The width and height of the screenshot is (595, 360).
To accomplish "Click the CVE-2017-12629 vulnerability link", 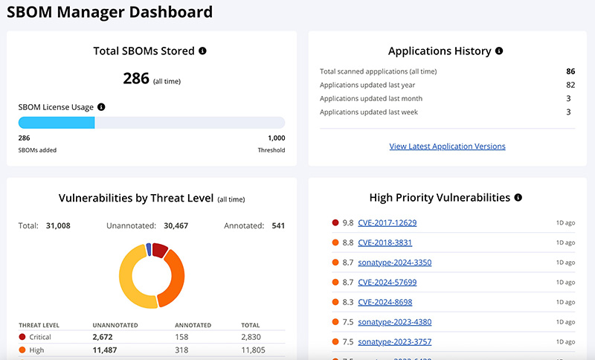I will click(387, 222).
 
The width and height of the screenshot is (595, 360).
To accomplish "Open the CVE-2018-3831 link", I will click(385, 242).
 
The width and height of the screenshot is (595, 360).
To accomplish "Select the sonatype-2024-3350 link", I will click(394, 263).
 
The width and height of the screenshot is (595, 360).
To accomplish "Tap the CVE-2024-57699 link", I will click(387, 283).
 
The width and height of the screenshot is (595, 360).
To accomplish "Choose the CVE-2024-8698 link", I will click(385, 302).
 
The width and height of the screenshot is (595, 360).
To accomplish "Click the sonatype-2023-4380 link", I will click(394, 322).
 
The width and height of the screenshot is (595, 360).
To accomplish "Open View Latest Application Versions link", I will click(447, 147).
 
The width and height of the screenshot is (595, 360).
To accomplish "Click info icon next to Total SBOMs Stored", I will click(202, 51).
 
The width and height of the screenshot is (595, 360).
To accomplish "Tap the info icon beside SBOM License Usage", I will click(101, 107).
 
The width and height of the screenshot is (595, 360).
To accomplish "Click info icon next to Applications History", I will click(499, 51).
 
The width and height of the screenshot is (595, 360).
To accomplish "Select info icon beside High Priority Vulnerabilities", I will click(518, 198).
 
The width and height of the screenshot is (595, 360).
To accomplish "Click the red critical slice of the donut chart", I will click(160, 250).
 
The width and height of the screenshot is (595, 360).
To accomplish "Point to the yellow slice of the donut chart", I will click(135, 279).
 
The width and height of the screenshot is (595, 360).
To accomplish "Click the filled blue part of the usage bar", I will click(57, 123).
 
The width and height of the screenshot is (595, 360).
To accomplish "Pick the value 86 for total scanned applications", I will click(570, 71).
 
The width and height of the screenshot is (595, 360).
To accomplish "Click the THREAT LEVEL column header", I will click(39, 325).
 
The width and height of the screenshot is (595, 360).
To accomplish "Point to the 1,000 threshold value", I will click(276, 138).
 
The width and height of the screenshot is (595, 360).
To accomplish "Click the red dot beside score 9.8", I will click(335, 222).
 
